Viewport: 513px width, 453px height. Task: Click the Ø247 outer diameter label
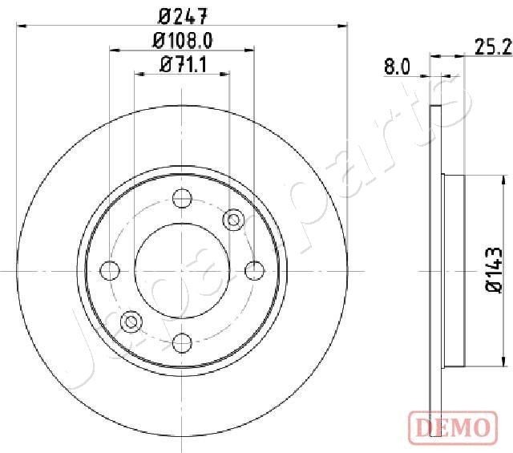[x=182, y=14]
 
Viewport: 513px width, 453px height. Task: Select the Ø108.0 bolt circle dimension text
[x=182, y=41]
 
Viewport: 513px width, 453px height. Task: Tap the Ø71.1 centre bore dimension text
[x=183, y=67]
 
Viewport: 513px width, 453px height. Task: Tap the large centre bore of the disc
[x=182, y=269]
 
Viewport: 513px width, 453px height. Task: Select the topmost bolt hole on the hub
[x=182, y=196]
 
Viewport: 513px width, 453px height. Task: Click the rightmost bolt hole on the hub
[x=255, y=269]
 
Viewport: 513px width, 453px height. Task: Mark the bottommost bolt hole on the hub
[x=182, y=342]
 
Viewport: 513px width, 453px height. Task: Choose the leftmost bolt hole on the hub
[x=109, y=269]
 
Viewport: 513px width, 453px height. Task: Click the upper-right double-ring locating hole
[x=234, y=217]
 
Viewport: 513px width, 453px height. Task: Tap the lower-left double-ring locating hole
[x=130, y=322]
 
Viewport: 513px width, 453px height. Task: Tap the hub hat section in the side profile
[x=454, y=273]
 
